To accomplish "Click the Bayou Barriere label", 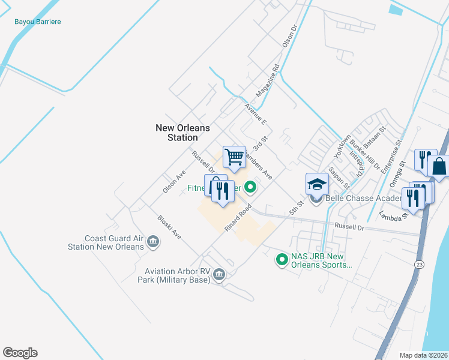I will click(x=38, y=22).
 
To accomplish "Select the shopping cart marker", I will click(x=234, y=157).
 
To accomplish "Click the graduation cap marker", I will click(x=317, y=184).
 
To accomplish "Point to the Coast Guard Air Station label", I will click(x=106, y=242).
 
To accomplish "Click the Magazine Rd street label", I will click(x=268, y=80).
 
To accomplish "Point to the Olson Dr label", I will click(x=290, y=36).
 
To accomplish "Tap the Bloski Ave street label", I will click(x=169, y=227).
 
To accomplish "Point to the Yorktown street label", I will click(x=345, y=148).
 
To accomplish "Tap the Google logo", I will click(x=20, y=353).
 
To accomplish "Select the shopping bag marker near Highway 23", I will click(x=439, y=167).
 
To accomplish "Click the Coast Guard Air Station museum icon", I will click(x=152, y=242).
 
